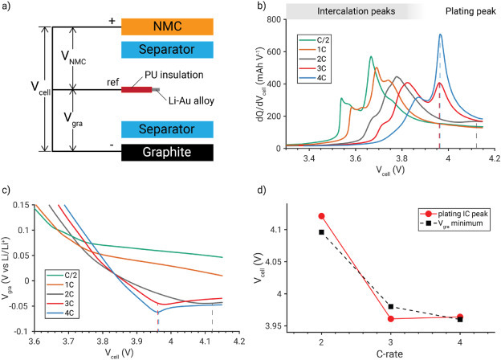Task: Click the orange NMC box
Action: pyautogui.click(x=168, y=27)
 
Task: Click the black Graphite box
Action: pyautogui.click(x=168, y=150)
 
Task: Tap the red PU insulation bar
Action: pyautogui.click(x=137, y=89)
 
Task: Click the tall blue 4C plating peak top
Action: pyautogui.click(x=440, y=35)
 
